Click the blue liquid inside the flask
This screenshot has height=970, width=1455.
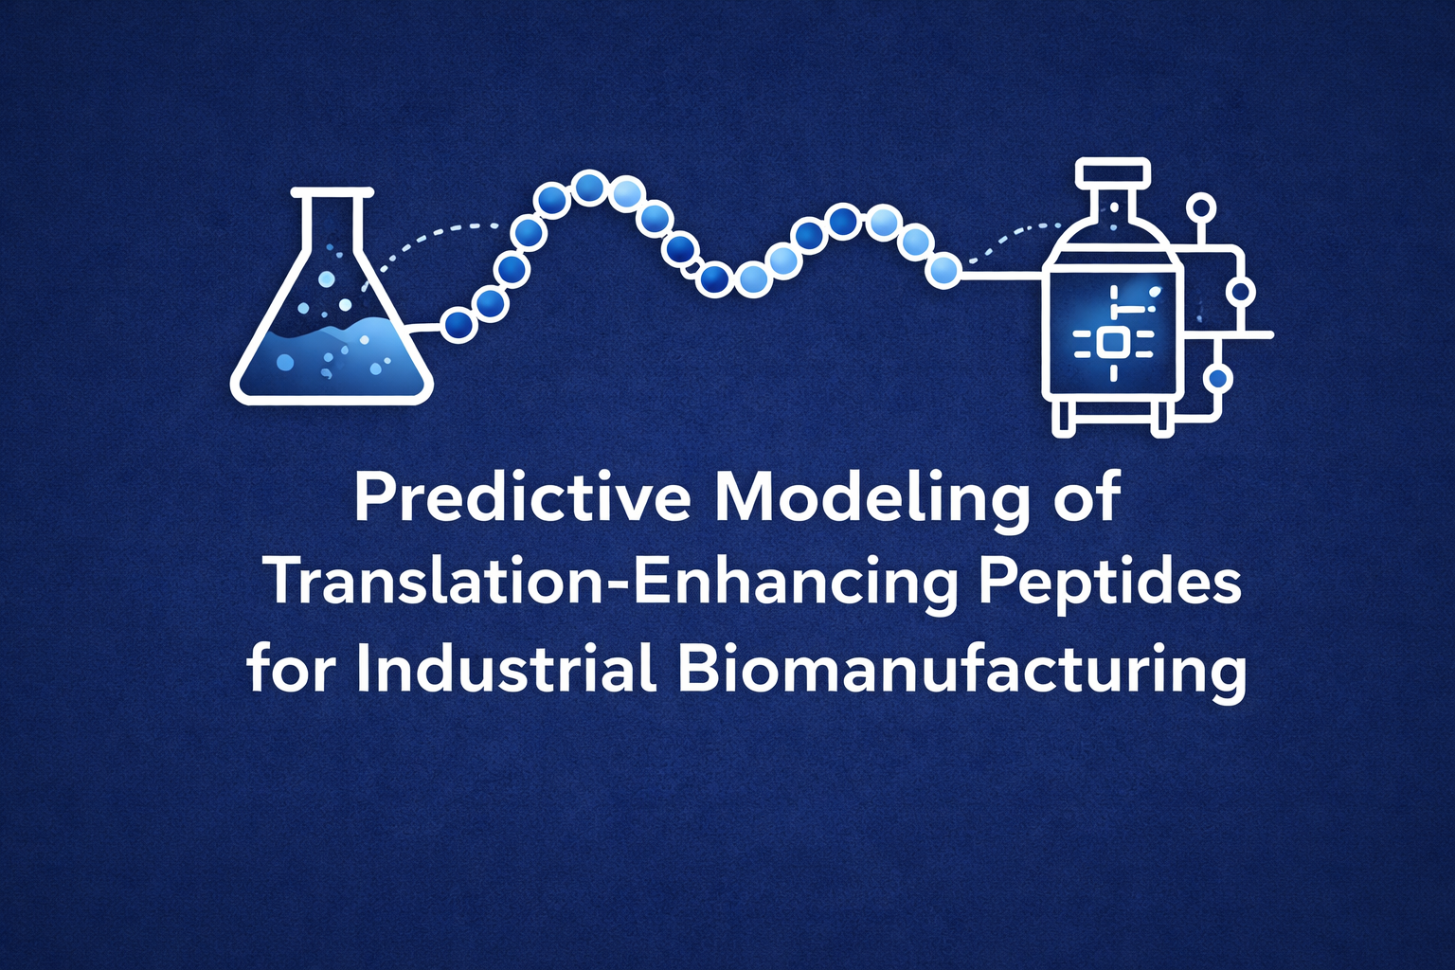coord(332,360)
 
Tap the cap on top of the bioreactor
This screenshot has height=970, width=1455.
coord(1113,174)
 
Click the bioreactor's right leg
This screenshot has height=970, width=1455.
coord(1162,417)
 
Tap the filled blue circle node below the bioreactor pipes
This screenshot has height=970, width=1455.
coord(1218,379)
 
